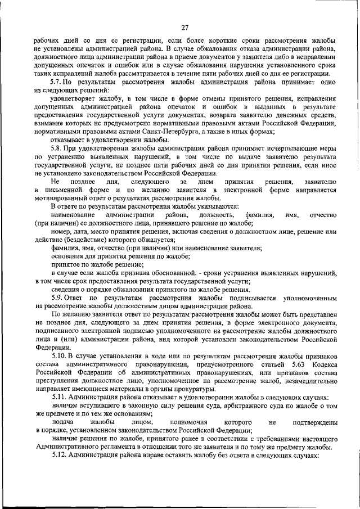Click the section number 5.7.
57,82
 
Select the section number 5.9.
57,297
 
